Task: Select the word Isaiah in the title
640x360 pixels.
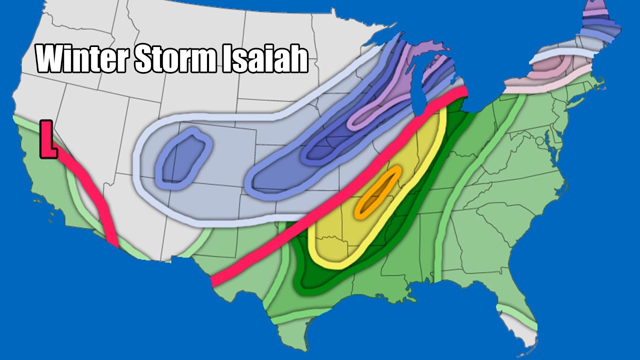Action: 265,59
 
